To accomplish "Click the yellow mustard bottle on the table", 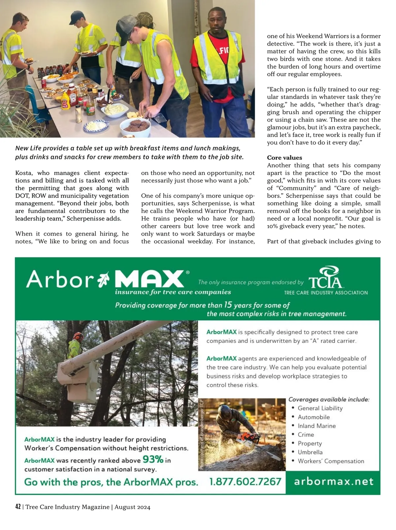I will click(x=65, y=100).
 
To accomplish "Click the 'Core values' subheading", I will click(x=284, y=158).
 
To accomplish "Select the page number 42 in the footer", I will click(x=18, y=507).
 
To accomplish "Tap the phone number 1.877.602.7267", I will click(x=245, y=481).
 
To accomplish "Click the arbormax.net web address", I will click(x=334, y=481).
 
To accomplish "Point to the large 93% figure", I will click(x=153, y=459).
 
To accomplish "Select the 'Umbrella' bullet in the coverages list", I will click(x=310, y=452).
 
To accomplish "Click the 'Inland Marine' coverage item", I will click(x=316, y=426).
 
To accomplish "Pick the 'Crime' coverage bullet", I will click(x=306, y=435).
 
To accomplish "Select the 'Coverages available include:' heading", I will click(x=329, y=399).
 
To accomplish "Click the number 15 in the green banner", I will click(x=228, y=305).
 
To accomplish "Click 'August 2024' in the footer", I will click(x=132, y=507).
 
